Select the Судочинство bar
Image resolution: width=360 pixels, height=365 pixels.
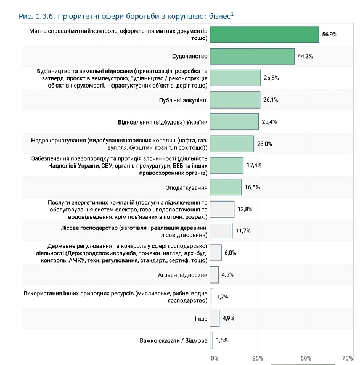(252, 56)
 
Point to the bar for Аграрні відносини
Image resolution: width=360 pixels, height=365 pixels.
(214, 274)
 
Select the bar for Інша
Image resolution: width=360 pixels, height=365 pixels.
(215, 318)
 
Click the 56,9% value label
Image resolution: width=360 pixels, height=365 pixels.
(329, 35)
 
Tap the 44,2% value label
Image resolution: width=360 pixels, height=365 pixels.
(305, 56)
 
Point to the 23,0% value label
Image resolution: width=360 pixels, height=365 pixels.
(264, 144)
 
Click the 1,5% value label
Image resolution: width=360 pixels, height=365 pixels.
(223, 340)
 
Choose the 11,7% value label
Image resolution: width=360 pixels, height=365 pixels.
(242, 231)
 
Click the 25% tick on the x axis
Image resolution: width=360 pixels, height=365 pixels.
(258, 358)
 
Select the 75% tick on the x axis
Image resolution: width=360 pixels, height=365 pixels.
(347, 358)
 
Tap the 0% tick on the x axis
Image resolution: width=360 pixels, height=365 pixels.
(215, 358)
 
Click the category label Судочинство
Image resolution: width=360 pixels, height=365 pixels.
(189, 56)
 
